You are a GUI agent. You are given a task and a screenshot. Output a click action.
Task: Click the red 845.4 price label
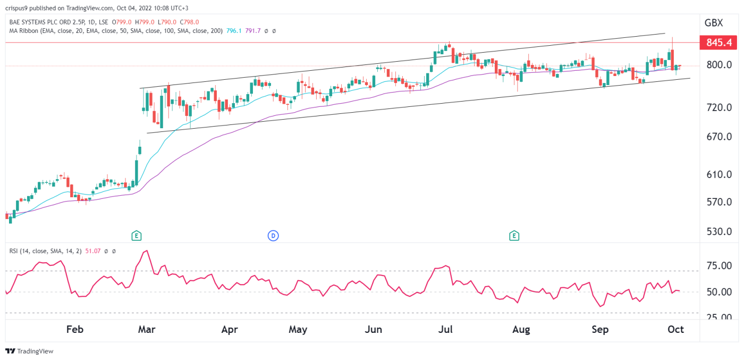[721, 42]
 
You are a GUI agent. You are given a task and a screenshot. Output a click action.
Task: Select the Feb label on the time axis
[75, 330]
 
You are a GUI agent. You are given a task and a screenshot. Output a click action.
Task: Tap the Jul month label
[445, 330]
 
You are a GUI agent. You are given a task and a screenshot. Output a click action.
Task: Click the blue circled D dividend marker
[273, 236]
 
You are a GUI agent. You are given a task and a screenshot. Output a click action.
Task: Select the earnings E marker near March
[137, 236]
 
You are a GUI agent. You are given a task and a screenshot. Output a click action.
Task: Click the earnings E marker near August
[514, 236]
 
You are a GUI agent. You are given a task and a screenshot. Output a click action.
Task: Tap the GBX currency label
[713, 23]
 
